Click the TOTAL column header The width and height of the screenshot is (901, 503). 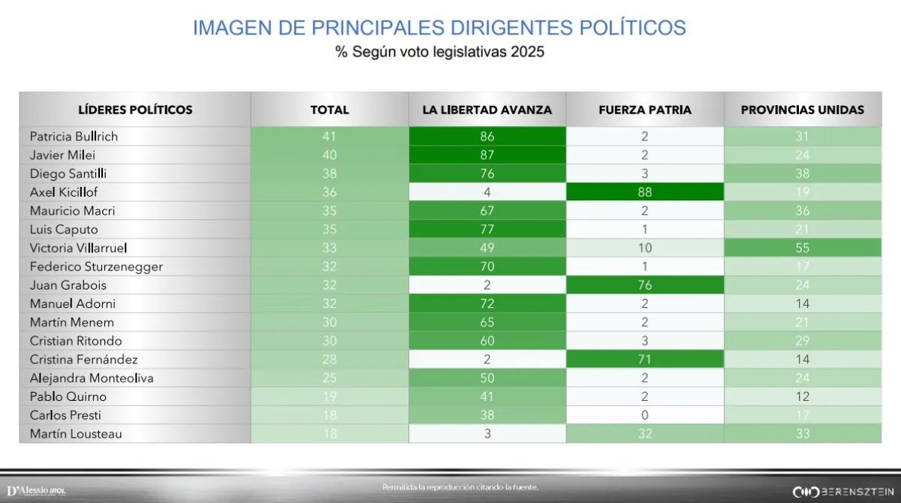pyautogui.click(x=330, y=110)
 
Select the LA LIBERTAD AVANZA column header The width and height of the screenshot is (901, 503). pyautogui.click(x=487, y=110)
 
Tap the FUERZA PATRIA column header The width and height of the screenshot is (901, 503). pyautogui.click(x=645, y=110)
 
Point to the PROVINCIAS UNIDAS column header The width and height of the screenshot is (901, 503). pyautogui.click(x=802, y=110)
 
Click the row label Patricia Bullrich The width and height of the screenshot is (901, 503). pyautogui.click(x=74, y=137)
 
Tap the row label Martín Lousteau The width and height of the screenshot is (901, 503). pyautogui.click(x=76, y=433)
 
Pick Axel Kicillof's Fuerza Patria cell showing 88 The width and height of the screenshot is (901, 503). pyautogui.click(x=645, y=192)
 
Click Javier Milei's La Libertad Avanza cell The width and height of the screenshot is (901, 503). pyautogui.click(x=487, y=155)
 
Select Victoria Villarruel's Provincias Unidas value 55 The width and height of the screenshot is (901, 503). pyautogui.click(x=802, y=248)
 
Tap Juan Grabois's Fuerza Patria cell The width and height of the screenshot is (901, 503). pyautogui.click(x=645, y=285)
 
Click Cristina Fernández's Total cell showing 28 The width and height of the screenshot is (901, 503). pyautogui.click(x=330, y=359)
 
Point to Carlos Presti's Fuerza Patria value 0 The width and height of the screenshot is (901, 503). pyautogui.click(x=645, y=414)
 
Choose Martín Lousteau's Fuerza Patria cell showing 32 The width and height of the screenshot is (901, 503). pyautogui.click(x=645, y=433)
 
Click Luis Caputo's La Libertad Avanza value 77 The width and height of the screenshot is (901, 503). pyautogui.click(x=487, y=229)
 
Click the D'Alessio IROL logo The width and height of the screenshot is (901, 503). pyautogui.click(x=36, y=489)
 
